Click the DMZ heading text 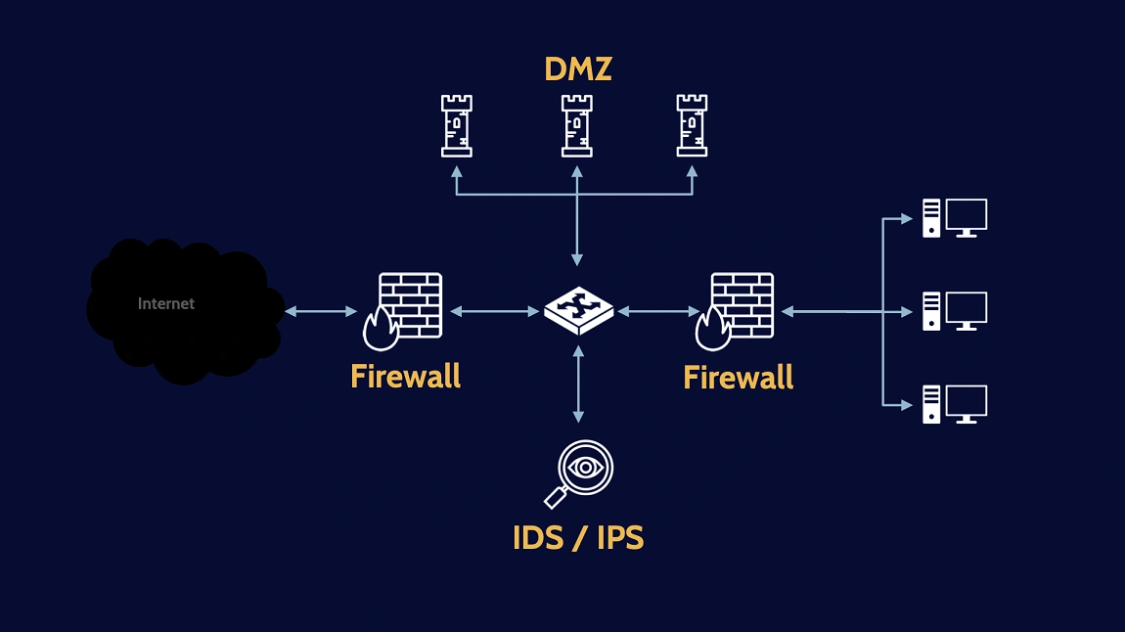pos(577,69)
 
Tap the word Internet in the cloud pos(166,303)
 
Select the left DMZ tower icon pos(456,125)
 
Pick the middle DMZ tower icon pos(577,125)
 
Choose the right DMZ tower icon pos(692,125)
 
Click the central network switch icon pos(579,310)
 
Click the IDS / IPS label pos(578,537)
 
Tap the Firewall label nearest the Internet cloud pos(405,376)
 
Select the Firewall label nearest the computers pos(738,377)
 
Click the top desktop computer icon pos(954,218)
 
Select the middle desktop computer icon pos(954,311)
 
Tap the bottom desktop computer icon pos(954,404)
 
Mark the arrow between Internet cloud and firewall pos(322,311)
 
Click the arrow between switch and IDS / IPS pos(578,384)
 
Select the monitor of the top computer pos(966,216)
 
